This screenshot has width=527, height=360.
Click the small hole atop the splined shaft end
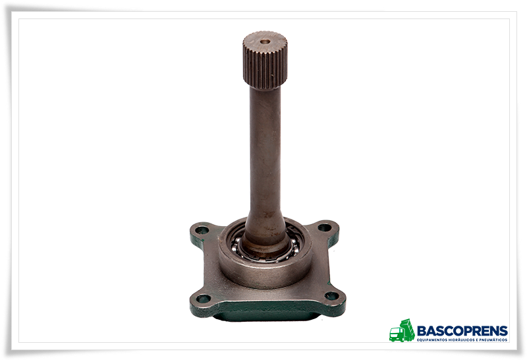click(265, 42)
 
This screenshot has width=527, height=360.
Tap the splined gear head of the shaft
click(265, 60)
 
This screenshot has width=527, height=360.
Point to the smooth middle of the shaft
click(265, 148)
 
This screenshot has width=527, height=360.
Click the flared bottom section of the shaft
click(265, 232)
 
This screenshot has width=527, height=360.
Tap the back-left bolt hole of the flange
click(202, 230)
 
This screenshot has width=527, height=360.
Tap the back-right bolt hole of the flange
click(324, 227)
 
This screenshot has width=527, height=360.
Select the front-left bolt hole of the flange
click(203, 298)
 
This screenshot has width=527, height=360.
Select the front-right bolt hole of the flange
click(331, 296)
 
